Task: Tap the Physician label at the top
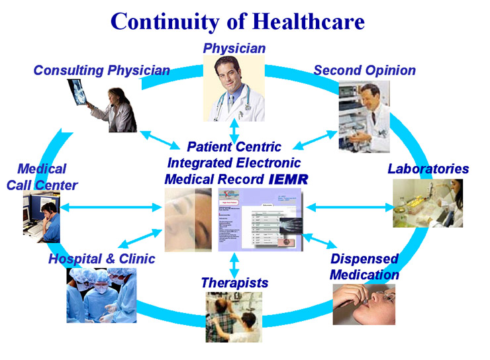[x=234, y=48]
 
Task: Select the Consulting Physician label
[x=101, y=70]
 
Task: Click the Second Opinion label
[x=364, y=70]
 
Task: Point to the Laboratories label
[x=428, y=169]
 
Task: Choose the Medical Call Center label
[x=42, y=177]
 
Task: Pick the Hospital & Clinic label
[x=101, y=258]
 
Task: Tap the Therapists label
[x=234, y=283]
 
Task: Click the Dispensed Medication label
[x=364, y=266]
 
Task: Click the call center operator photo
[x=41, y=214]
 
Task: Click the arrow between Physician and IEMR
[x=234, y=130]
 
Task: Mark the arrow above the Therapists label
[x=234, y=263]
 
